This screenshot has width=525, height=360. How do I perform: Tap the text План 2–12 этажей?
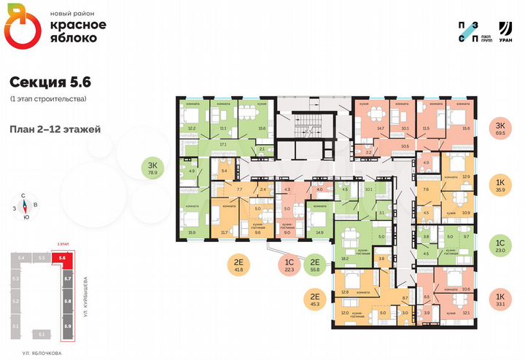[55, 129]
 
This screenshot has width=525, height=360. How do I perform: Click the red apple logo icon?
[19, 30]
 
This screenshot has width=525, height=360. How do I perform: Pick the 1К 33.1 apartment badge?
[499, 300]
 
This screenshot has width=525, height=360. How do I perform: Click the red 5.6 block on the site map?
[63, 258]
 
